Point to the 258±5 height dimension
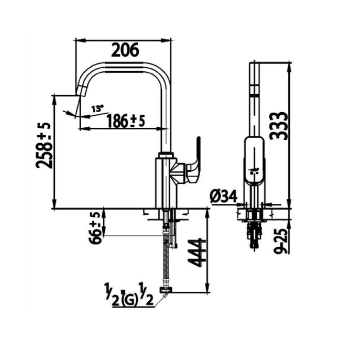(44, 145)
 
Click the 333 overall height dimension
(279, 125)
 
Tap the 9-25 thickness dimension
(281, 240)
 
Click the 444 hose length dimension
(197, 252)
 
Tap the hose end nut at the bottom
(166, 289)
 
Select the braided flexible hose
(165, 259)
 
